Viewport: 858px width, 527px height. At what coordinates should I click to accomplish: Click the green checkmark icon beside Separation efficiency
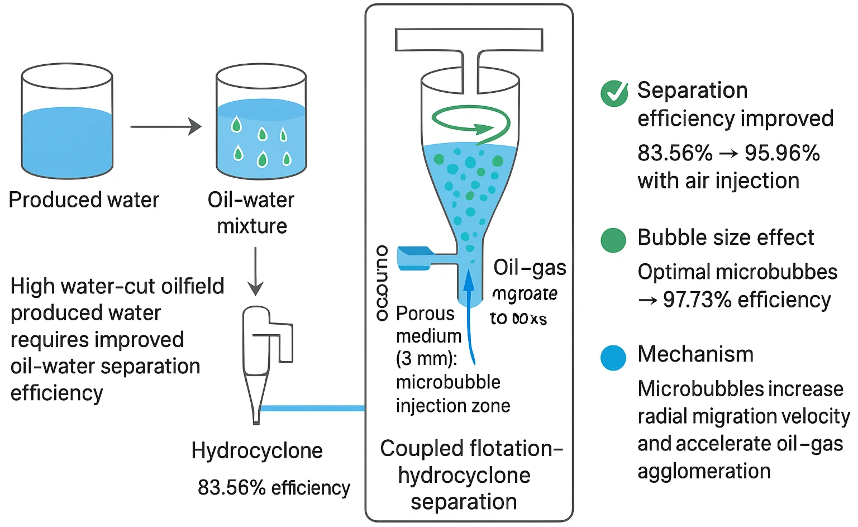(x=614, y=93)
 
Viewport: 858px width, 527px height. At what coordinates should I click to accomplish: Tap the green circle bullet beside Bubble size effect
(x=613, y=240)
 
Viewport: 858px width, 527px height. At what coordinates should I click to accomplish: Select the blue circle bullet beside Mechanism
(x=613, y=358)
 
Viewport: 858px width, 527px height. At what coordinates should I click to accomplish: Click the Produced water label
(x=84, y=200)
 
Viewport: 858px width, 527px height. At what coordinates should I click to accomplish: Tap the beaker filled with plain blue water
(x=67, y=121)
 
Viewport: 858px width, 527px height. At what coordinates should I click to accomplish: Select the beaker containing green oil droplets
(x=261, y=121)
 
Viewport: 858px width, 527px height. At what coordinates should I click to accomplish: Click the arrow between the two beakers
(x=165, y=127)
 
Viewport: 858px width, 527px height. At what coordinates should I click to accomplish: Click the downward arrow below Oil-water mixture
(x=255, y=272)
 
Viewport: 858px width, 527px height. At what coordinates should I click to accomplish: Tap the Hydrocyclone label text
(x=257, y=450)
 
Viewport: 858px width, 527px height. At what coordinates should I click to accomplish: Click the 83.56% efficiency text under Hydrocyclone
(x=274, y=488)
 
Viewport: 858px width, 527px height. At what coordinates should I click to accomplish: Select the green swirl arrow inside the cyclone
(x=470, y=122)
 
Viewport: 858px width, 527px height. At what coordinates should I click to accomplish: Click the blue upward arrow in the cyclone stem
(x=470, y=313)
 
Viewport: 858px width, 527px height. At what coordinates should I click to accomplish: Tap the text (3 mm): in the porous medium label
(x=426, y=359)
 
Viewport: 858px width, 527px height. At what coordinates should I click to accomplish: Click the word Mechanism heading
(x=695, y=354)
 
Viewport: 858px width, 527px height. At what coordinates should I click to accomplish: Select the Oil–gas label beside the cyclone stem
(x=530, y=268)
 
